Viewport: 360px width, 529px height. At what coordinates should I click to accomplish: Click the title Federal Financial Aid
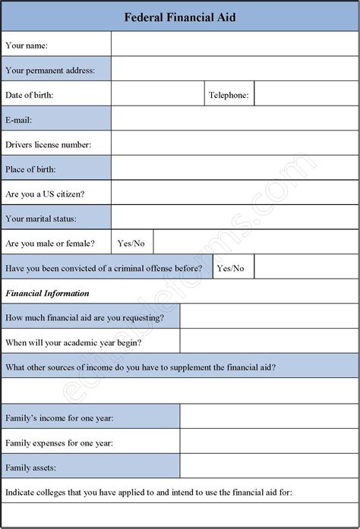coord(180,17)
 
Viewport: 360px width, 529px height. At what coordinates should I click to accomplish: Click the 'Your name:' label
coord(27,46)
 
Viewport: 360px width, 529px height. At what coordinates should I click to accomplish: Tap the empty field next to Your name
coord(234,45)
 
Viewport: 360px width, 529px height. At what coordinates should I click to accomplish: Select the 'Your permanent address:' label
coord(50,71)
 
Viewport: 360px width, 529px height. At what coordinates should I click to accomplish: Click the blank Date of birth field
coord(156,95)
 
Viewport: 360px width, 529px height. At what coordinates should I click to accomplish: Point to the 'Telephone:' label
coord(229,95)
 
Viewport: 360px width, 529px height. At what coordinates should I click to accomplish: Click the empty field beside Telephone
coord(305,95)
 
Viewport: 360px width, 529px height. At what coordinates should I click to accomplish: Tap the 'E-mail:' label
coord(19,120)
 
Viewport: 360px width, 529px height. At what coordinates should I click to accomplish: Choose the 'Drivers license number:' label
coord(48,144)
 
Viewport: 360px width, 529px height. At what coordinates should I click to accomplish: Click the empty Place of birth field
coord(234,168)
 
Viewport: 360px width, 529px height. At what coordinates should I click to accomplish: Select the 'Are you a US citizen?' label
coord(45,194)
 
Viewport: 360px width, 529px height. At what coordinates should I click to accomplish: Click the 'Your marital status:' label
coord(41,219)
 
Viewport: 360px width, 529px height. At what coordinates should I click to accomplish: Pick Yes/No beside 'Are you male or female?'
coord(131,244)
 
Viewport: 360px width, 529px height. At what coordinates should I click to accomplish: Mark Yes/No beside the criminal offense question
coord(231,268)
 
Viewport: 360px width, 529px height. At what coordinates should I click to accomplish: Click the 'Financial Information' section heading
coord(47,293)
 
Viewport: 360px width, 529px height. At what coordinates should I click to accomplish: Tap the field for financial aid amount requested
coord(268,317)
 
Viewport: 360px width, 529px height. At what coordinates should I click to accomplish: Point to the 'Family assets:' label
coord(30,467)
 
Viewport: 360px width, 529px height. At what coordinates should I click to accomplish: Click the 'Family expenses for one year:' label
coord(58,442)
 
